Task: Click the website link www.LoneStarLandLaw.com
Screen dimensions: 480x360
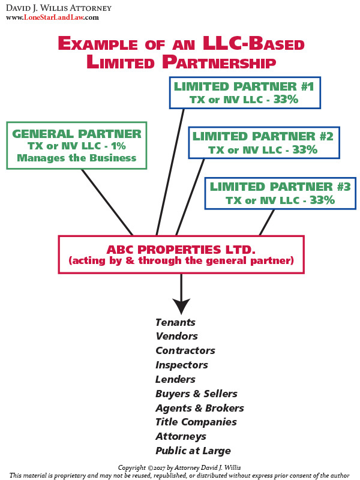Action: click(52, 18)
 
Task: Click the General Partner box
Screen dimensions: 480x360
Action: click(77, 145)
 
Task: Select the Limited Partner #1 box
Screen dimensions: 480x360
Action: click(244, 92)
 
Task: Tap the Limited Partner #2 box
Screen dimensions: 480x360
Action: click(263, 143)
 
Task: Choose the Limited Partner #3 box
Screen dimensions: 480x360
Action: click(280, 193)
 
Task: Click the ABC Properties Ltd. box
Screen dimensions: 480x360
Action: click(181, 254)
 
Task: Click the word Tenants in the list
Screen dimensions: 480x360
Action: click(175, 322)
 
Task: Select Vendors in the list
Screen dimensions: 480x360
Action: click(176, 337)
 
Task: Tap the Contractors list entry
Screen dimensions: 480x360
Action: click(185, 351)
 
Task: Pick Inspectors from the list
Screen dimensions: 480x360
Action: click(181, 365)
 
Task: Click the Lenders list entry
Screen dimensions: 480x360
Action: click(175, 380)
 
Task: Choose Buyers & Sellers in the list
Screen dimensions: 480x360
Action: click(196, 394)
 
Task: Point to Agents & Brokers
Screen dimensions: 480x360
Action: click(199, 409)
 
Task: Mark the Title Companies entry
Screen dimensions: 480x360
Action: click(196, 422)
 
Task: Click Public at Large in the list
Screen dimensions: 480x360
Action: click(193, 451)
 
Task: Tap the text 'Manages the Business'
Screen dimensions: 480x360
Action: click(77, 158)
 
